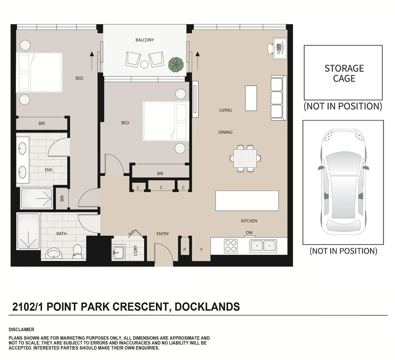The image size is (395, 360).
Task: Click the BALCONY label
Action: click(145, 40)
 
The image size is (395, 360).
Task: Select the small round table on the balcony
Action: click(144, 64)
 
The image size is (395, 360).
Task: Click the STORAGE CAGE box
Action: click(343, 73)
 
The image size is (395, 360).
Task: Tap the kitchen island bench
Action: click(247, 201)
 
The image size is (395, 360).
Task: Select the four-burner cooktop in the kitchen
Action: click(231, 246)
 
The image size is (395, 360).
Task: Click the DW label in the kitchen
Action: click(249, 233)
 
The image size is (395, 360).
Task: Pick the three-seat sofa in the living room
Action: click(278, 98)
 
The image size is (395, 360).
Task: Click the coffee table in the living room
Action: click(251, 98)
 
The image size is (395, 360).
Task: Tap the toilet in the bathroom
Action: click(77, 251)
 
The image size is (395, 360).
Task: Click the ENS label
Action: click(49, 170)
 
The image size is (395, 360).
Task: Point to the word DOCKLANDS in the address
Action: click(207, 307)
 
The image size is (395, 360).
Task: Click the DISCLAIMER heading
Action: click(21, 330)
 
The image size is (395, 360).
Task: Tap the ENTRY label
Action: click(163, 234)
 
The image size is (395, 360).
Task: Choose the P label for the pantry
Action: click(185, 249)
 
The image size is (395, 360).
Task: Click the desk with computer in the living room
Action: click(279, 48)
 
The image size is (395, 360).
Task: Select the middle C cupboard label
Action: click(161, 188)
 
